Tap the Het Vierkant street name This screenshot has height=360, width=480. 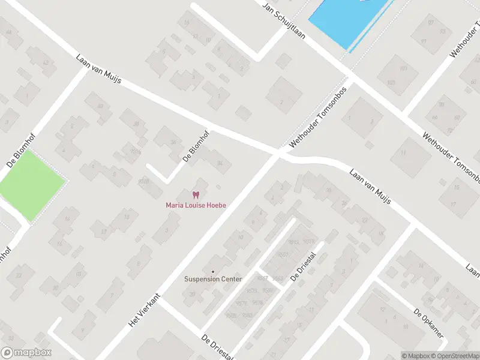pyautogui.click(x=145, y=310)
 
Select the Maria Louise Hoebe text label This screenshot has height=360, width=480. pyautogui.click(x=196, y=205)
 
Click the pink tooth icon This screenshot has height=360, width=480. pyautogui.click(x=195, y=194)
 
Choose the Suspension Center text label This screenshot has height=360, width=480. pyautogui.click(x=213, y=279)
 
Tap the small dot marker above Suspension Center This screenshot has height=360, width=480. pyautogui.click(x=212, y=271)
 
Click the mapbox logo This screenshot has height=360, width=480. pyautogui.click(x=26, y=353)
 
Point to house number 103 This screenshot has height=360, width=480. pyautogui.click(x=391, y=82)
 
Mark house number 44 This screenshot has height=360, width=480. pyautogui.click(x=8, y=32)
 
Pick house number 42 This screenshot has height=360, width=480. pyautogui.click(x=45, y=62)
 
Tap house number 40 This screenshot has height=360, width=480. pyautogui.click(x=100, y=106)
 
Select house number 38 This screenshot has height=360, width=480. pyautogui.click(x=136, y=124)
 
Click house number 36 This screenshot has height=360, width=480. pyautogui.click(x=173, y=142)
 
